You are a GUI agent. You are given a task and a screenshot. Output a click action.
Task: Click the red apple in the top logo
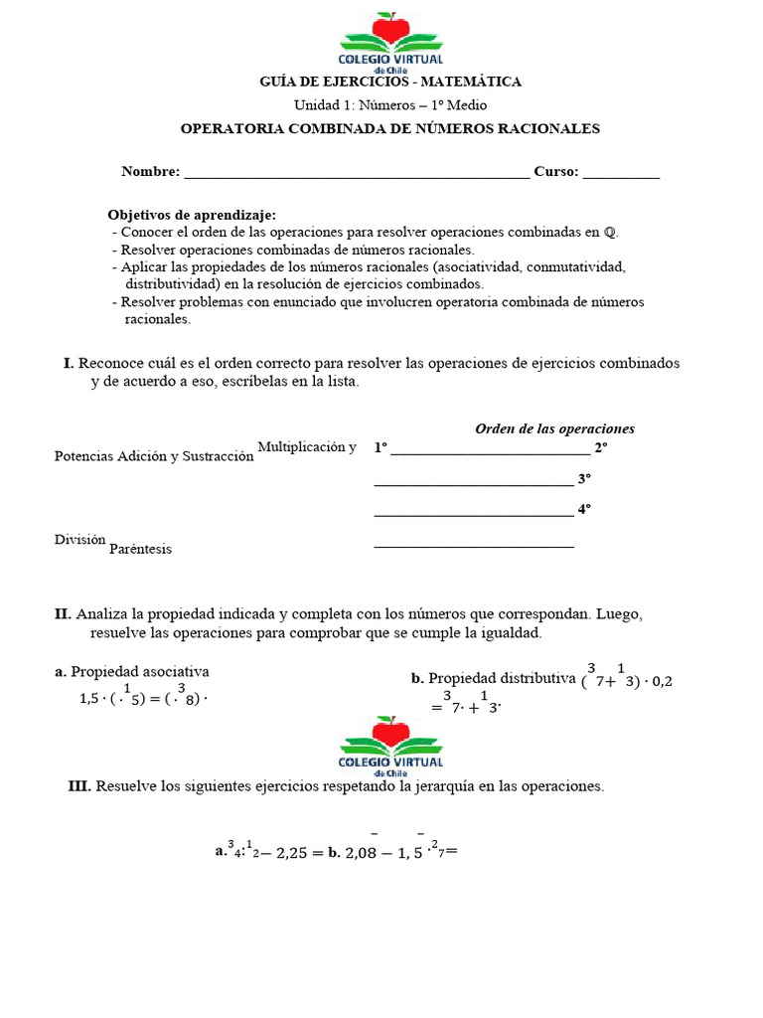pyautogui.click(x=390, y=28)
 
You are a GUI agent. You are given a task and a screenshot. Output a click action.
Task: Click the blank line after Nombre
pyautogui.click(x=357, y=172)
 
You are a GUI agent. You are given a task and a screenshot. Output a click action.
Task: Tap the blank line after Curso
pyautogui.click(x=621, y=172)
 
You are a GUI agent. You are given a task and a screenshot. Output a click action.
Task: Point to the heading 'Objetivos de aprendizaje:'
pyautogui.click(x=192, y=215)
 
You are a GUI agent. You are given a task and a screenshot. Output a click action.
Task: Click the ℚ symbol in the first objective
pyautogui.click(x=610, y=233)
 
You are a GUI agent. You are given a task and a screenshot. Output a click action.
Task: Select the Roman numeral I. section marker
pyautogui.click(x=69, y=364)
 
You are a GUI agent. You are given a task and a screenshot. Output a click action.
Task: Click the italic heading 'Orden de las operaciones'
pyautogui.click(x=554, y=428)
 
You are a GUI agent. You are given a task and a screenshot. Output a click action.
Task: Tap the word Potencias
pyautogui.click(x=83, y=456)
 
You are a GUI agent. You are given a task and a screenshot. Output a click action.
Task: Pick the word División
pyautogui.click(x=79, y=540)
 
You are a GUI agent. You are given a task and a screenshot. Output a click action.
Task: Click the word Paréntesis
pyautogui.click(x=140, y=549)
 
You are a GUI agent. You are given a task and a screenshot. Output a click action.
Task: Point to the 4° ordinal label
pyautogui.click(x=584, y=508)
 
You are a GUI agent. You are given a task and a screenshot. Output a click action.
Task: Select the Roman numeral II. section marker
pyautogui.click(x=64, y=614)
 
